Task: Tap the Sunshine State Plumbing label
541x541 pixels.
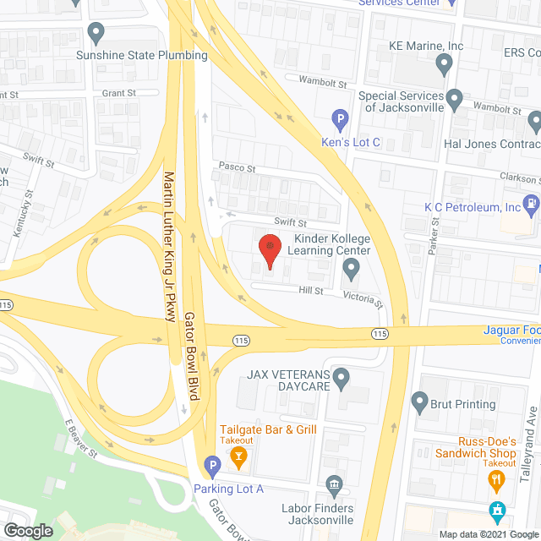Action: (142, 56)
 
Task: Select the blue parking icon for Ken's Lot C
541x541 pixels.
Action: (340, 121)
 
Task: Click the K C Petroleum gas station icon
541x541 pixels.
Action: (530, 203)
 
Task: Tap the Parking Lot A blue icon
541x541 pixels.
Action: (211, 464)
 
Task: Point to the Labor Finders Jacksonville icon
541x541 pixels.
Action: (334, 484)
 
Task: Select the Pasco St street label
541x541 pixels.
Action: (237, 167)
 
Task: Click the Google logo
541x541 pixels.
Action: (28, 530)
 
